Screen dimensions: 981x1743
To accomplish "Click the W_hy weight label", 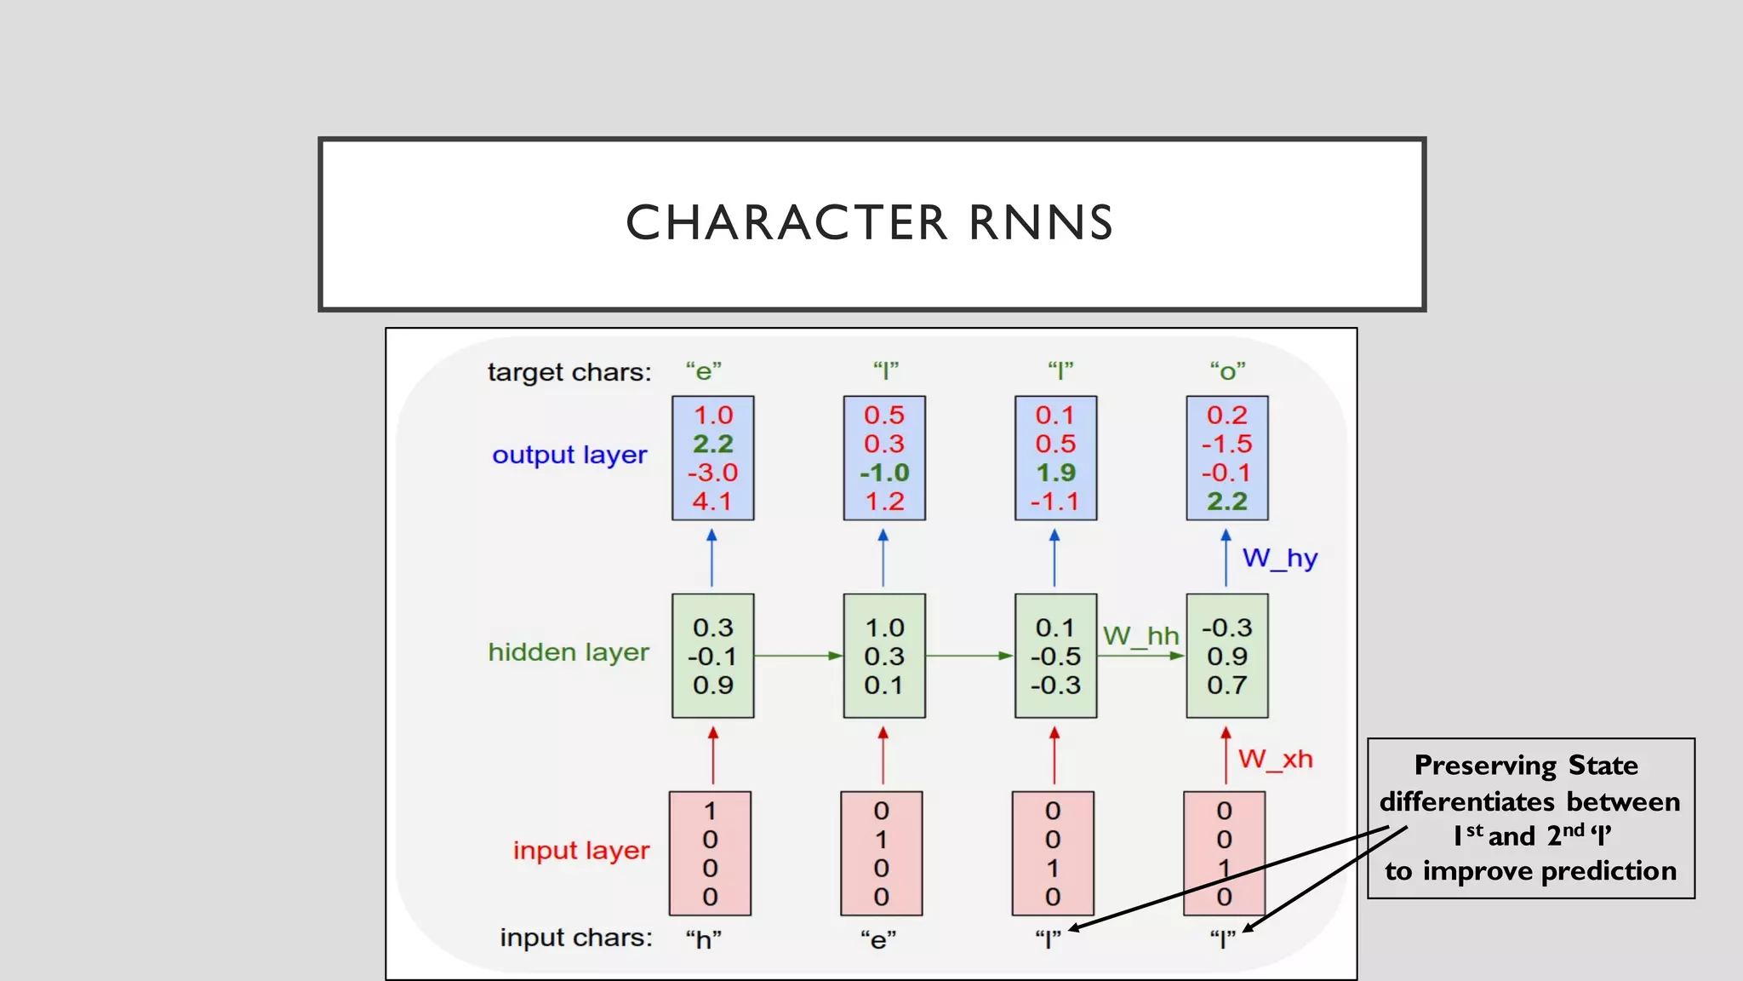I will [1279, 559].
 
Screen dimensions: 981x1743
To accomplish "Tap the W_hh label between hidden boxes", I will [1140, 636].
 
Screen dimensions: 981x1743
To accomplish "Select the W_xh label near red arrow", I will [1275, 759].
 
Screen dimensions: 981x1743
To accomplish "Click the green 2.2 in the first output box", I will [712, 444].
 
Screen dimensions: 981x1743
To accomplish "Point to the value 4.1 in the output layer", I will [712, 502].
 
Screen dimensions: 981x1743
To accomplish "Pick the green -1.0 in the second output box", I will [884, 473].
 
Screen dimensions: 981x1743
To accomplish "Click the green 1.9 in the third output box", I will [1055, 473].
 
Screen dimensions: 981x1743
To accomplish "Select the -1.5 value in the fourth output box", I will [1226, 444].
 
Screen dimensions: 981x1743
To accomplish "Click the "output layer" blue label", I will [569, 456].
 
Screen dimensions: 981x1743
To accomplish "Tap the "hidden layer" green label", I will [569, 653].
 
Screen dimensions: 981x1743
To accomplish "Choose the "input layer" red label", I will [581, 851].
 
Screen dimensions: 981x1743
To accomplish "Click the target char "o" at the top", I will [1227, 372].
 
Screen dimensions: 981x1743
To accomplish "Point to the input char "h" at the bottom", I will [704, 940].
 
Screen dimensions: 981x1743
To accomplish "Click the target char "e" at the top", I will [704, 372].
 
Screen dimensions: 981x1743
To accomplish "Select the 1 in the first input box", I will [710, 811].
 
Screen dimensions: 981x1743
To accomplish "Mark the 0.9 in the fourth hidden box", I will [1226, 657].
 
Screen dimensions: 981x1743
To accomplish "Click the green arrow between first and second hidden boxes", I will [797, 656].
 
